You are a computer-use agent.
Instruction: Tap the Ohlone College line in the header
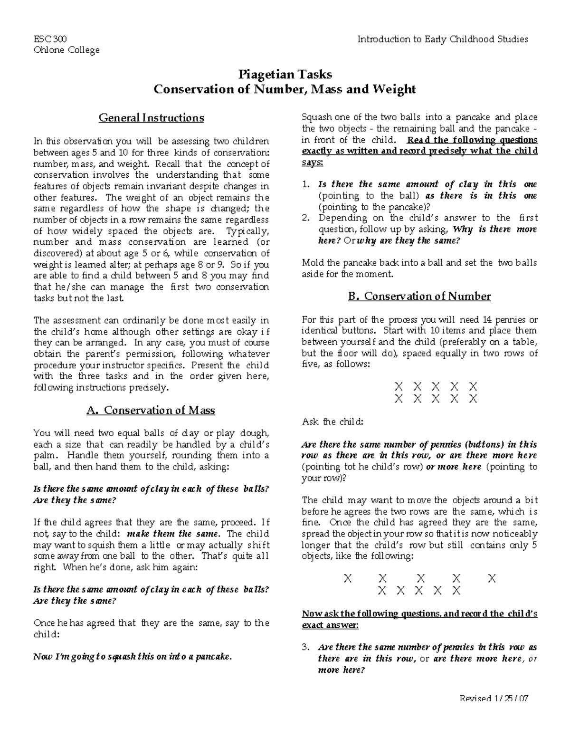(x=66, y=50)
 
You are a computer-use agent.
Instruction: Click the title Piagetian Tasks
(x=285, y=75)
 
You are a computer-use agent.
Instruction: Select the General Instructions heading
(x=151, y=117)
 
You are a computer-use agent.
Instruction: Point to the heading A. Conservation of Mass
(x=151, y=410)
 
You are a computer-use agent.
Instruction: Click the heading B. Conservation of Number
(x=419, y=297)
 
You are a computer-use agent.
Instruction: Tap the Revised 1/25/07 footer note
(x=494, y=698)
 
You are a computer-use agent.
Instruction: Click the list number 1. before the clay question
(x=306, y=184)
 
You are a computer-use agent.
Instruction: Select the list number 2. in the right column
(x=306, y=218)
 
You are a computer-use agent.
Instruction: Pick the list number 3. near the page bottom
(x=306, y=647)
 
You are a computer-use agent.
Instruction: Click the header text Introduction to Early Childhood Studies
(x=443, y=39)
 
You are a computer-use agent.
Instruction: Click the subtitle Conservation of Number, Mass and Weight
(x=285, y=89)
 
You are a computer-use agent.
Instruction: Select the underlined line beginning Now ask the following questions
(x=419, y=613)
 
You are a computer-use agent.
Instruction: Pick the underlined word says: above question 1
(x=312, y=162)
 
